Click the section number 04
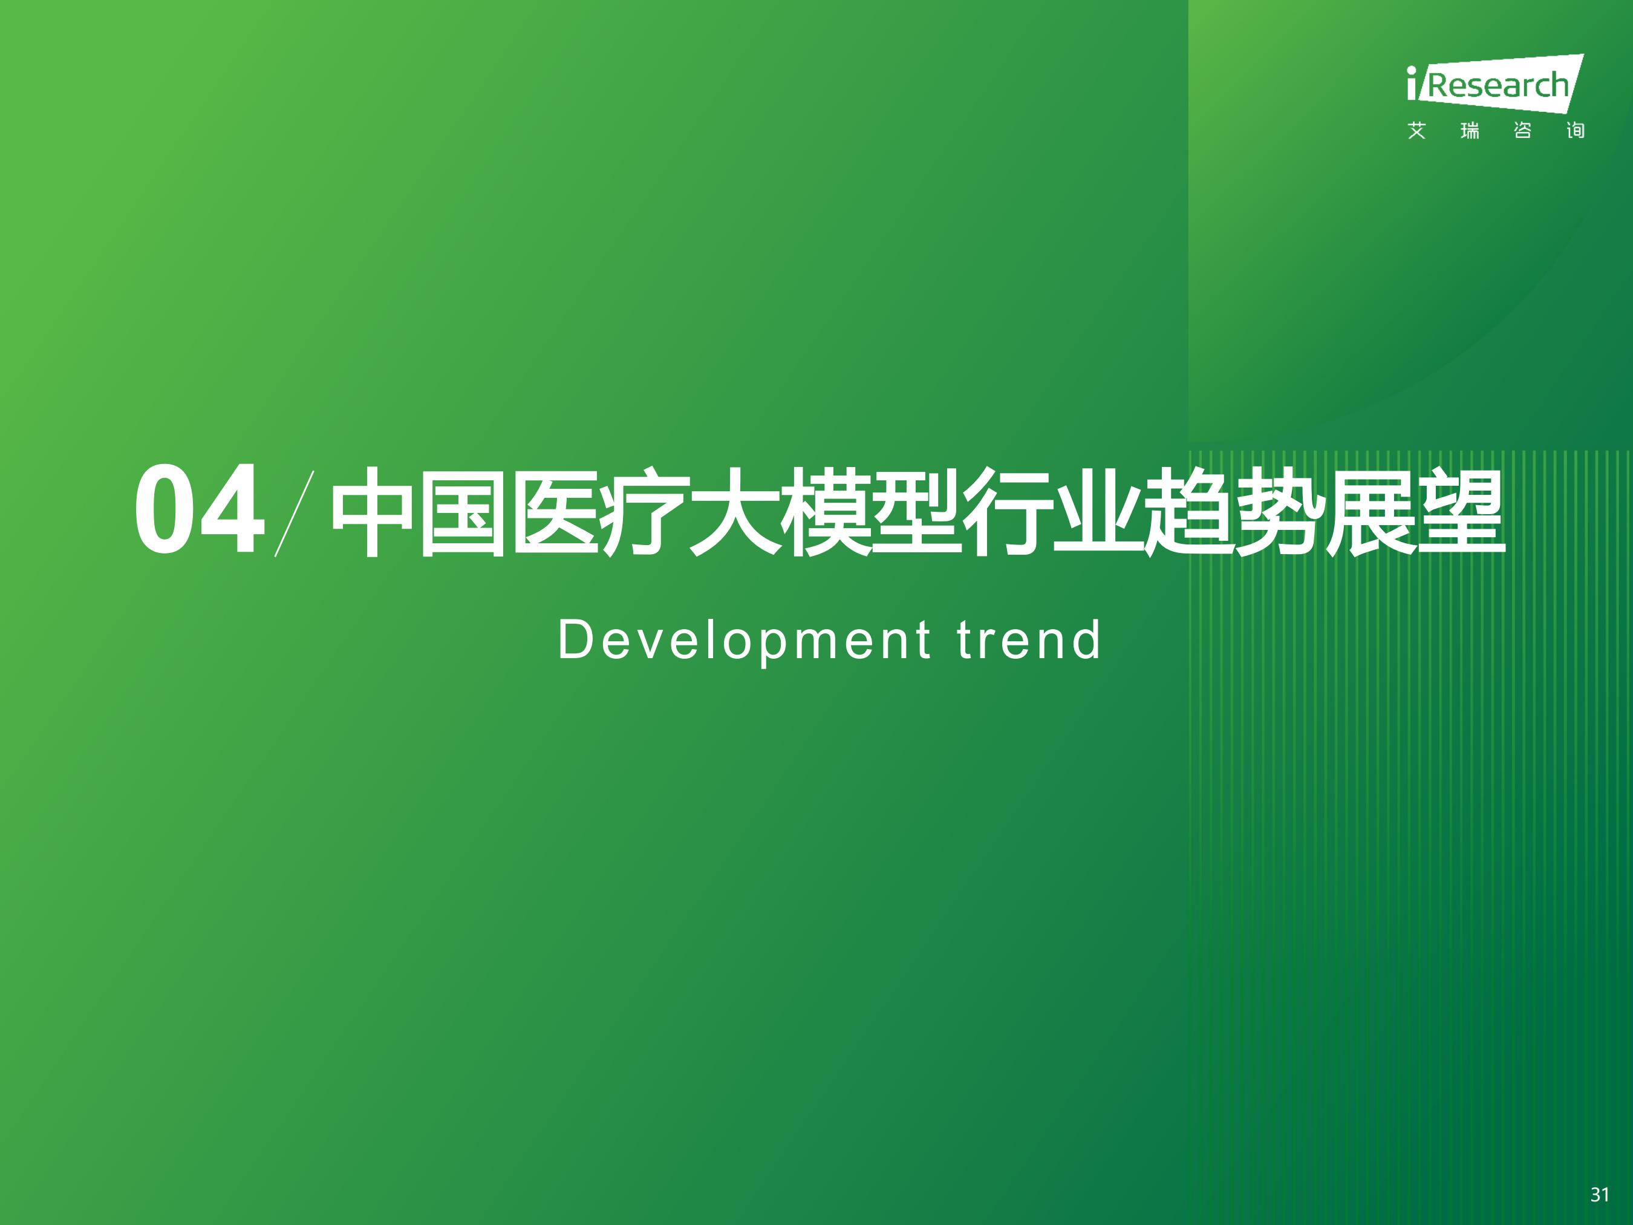click(x=200, y=509)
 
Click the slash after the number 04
click(x=295, y=513)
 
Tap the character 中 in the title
click(x=372, y=512)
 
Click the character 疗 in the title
click(x=643, y=512)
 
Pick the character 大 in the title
click(x=734, y=512)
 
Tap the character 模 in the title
click(x=826, y=512)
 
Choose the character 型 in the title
click(x=916, y=512)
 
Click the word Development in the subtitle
click(x=744, y=641)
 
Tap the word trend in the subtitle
click(x=1028, y=639)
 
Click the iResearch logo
click(x=1496, y=83)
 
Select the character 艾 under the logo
click(x=1416, y=131)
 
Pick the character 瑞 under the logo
click(x=1470, y=131)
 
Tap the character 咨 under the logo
click(x=1522, y=131)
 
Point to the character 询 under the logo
click(x=1576, y=131)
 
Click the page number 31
click(x=1600, y=1195)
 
